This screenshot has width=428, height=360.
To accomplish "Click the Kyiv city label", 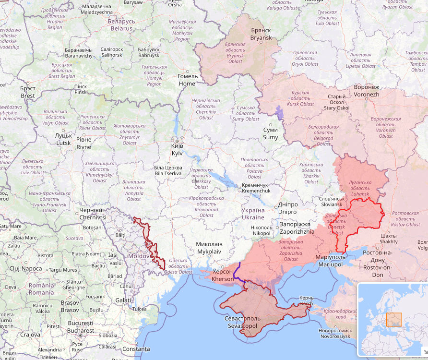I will (177, 149).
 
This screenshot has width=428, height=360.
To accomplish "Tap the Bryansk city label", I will (261, 34).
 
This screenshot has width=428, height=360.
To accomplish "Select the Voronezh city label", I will (366, 91).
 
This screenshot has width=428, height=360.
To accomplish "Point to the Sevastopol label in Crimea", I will (242, 322).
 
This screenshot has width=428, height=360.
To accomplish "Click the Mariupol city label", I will (329, 261).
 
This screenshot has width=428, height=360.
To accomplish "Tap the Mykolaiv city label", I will (209, 248).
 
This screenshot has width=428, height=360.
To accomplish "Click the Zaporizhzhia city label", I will (297, 228).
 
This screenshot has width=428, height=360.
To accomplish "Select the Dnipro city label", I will (287, 208).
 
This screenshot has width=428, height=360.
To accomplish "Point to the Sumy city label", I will (270, 134).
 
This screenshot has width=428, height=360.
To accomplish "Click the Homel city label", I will (187, 80).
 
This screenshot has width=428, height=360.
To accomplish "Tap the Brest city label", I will (28, 92).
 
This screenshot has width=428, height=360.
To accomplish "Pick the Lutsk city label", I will (63, 139).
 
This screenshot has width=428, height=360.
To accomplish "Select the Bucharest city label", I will (81, 327).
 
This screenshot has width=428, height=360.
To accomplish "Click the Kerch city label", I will (306, 301).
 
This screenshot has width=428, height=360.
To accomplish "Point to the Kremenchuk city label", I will (256, 188).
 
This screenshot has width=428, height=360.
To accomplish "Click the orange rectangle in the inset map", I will (394, 320).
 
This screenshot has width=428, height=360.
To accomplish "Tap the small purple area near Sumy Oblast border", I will (280, 113).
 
